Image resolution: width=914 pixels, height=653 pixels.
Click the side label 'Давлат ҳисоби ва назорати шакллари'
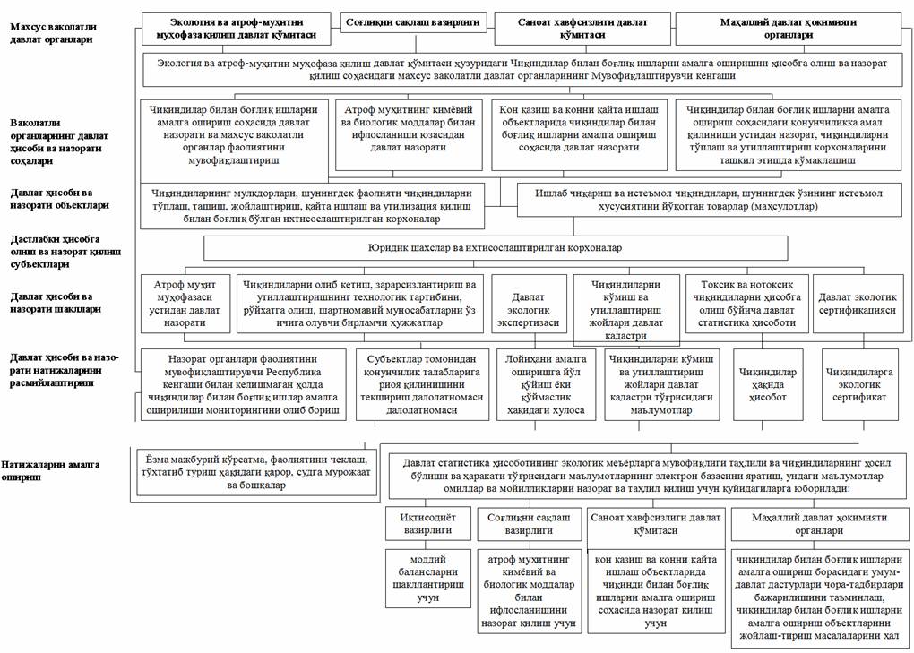coord(54,302)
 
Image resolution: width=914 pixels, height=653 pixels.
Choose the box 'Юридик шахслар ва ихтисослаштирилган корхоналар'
coord(496,247)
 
